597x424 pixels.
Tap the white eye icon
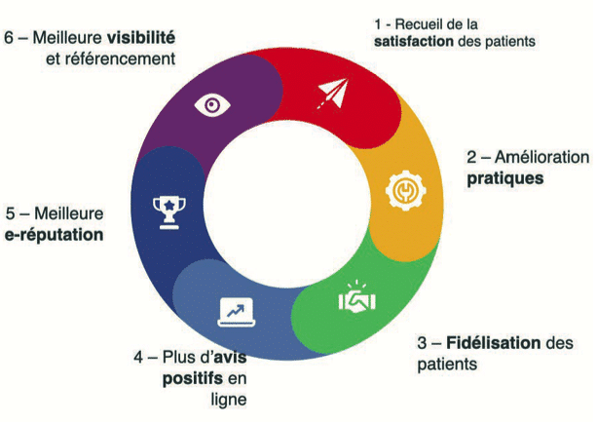212,104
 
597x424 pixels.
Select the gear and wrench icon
405,190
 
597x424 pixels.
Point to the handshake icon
356,299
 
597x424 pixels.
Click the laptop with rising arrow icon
236,312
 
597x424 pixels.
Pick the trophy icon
169,212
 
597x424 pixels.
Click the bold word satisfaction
414,41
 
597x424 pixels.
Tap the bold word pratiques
505,178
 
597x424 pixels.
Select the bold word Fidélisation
493,342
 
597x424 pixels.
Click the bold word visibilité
141,37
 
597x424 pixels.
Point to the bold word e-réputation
55,234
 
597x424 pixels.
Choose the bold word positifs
193,378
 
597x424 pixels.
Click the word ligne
229,400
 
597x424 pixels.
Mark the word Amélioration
541,157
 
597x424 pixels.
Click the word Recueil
417,24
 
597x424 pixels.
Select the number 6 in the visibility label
9,38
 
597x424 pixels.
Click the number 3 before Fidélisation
422,343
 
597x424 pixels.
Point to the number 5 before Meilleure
11,213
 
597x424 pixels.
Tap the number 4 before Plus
138,358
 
